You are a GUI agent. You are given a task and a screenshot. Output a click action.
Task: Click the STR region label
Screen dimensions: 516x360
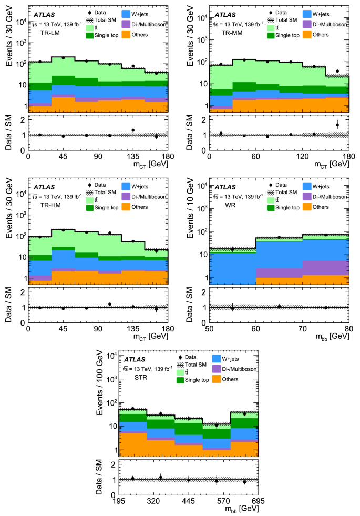pyautogui.click(x=139, y=377)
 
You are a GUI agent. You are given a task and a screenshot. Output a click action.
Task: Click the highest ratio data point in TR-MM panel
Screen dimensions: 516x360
pyautogui.click(x=337, y=125)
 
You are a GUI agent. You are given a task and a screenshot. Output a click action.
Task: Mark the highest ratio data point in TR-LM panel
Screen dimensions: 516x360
pyautogui.click(x=133, y=130)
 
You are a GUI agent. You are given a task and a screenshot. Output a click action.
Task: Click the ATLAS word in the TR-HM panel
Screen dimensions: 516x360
pyautogui.click(x=45, y=187)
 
